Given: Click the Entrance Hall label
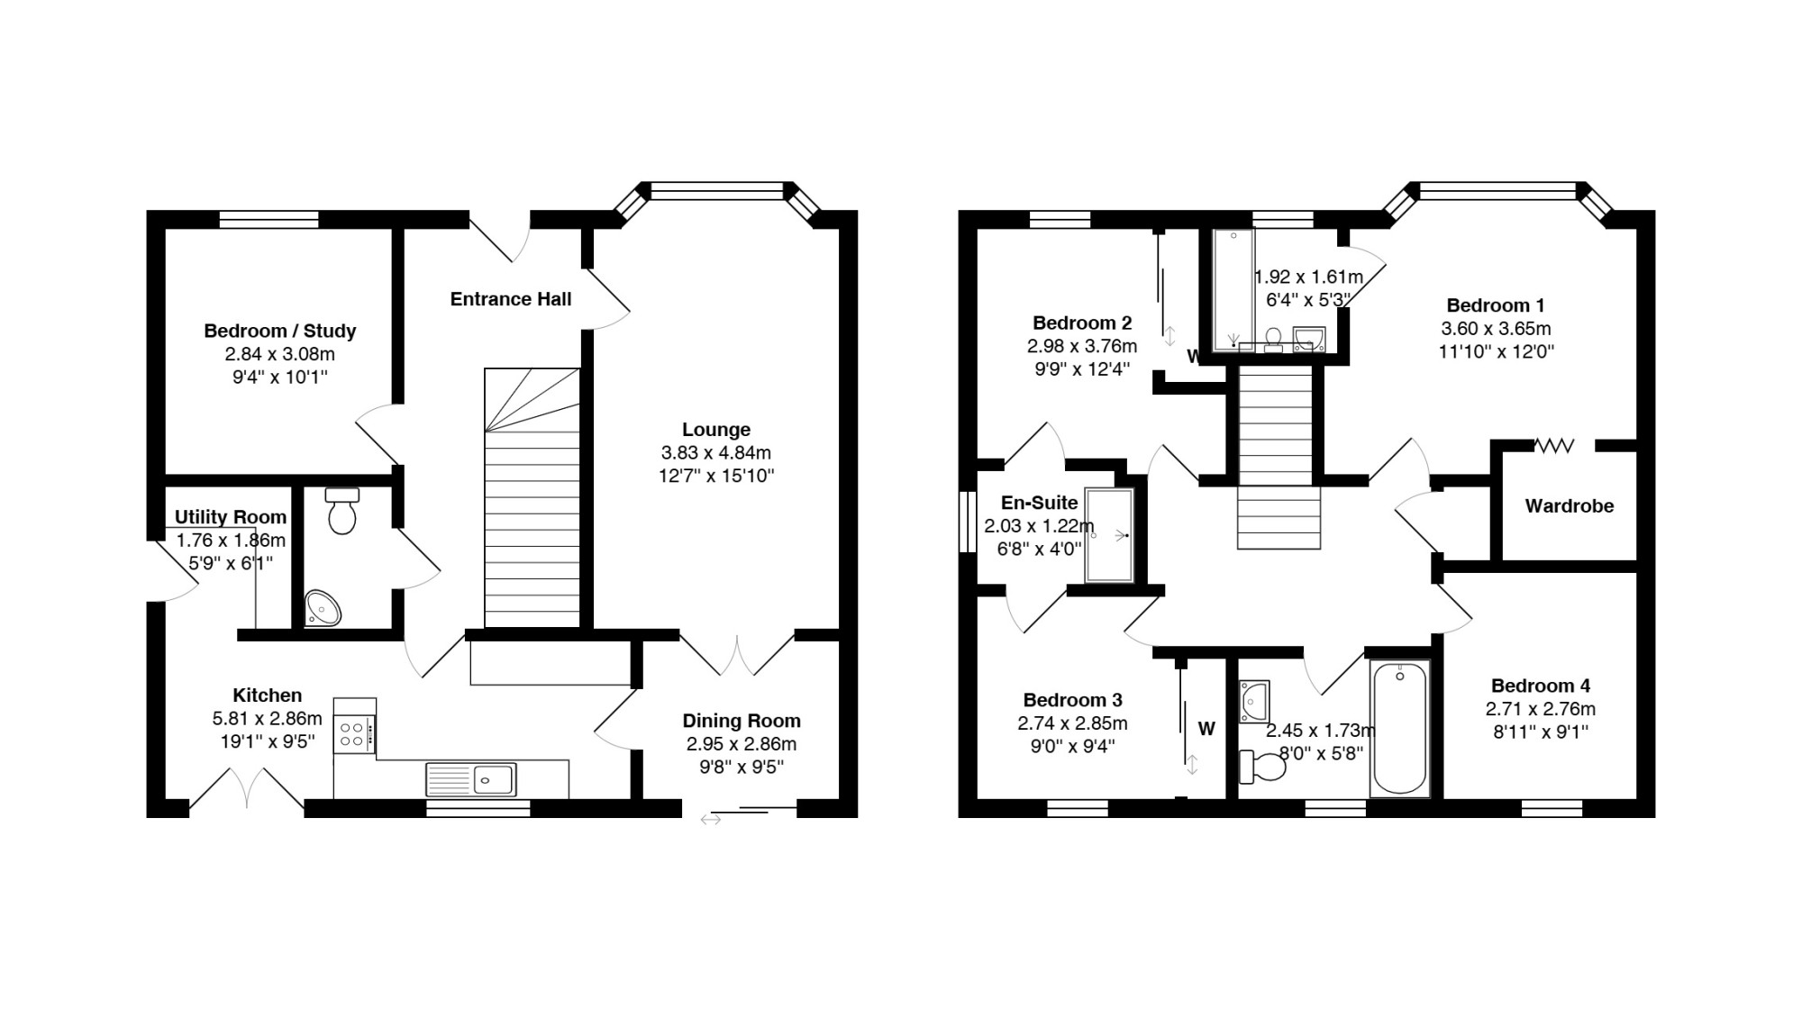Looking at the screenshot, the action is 511,299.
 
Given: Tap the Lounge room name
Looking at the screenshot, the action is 716,430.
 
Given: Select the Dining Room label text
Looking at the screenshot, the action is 742,721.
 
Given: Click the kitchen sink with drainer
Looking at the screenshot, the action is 470,779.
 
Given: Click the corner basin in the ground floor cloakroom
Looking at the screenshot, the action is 323,607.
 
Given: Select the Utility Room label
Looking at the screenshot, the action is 231,517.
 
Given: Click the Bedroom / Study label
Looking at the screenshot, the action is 280,331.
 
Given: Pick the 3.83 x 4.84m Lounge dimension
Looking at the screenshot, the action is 716,453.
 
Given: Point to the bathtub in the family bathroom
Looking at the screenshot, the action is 1399,728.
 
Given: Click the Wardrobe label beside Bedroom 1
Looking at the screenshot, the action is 1570,506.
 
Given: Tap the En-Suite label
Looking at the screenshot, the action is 1040,503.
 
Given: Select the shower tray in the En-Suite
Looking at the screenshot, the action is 1109,536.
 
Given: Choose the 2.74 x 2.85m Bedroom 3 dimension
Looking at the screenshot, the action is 1073,723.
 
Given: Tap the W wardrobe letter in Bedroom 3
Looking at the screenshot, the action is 1206,729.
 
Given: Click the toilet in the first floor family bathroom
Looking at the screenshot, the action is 1262,767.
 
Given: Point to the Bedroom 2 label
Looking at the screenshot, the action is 1082,323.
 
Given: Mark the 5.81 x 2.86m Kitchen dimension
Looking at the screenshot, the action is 268,719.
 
